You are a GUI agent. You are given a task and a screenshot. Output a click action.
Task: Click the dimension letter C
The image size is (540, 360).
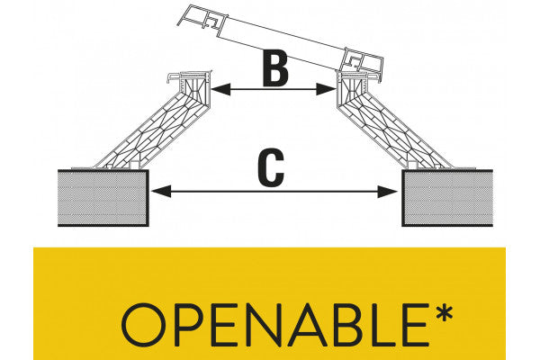point(271,168)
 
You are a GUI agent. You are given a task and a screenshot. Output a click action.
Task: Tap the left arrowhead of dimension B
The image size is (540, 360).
point(218,89)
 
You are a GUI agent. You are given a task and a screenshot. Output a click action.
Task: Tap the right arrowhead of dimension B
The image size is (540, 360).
point(330,89)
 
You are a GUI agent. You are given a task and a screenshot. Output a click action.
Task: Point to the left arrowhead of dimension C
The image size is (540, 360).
point(157,190)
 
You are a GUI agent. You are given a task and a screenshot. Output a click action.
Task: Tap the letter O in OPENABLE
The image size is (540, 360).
point(144,325)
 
